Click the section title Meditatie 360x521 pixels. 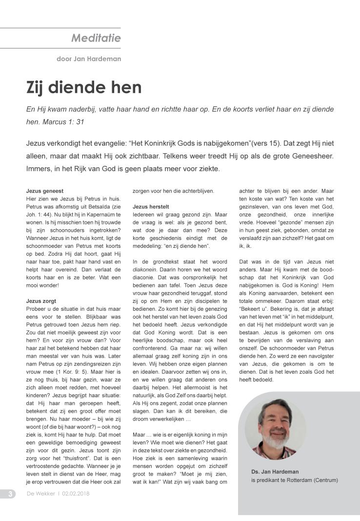(96, 38)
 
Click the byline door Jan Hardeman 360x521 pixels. (89, 59)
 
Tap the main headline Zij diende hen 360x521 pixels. (83, 88)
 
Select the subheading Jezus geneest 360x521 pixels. (44, 191)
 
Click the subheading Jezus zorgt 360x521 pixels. (41, 301)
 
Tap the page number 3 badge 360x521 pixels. (10, 494)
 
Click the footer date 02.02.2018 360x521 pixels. (76, 494)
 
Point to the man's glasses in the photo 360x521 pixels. (276, 419)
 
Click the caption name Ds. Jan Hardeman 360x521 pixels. (275, 472)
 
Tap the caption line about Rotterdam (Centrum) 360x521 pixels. (294, 480)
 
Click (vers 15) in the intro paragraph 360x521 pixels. (261, 144)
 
